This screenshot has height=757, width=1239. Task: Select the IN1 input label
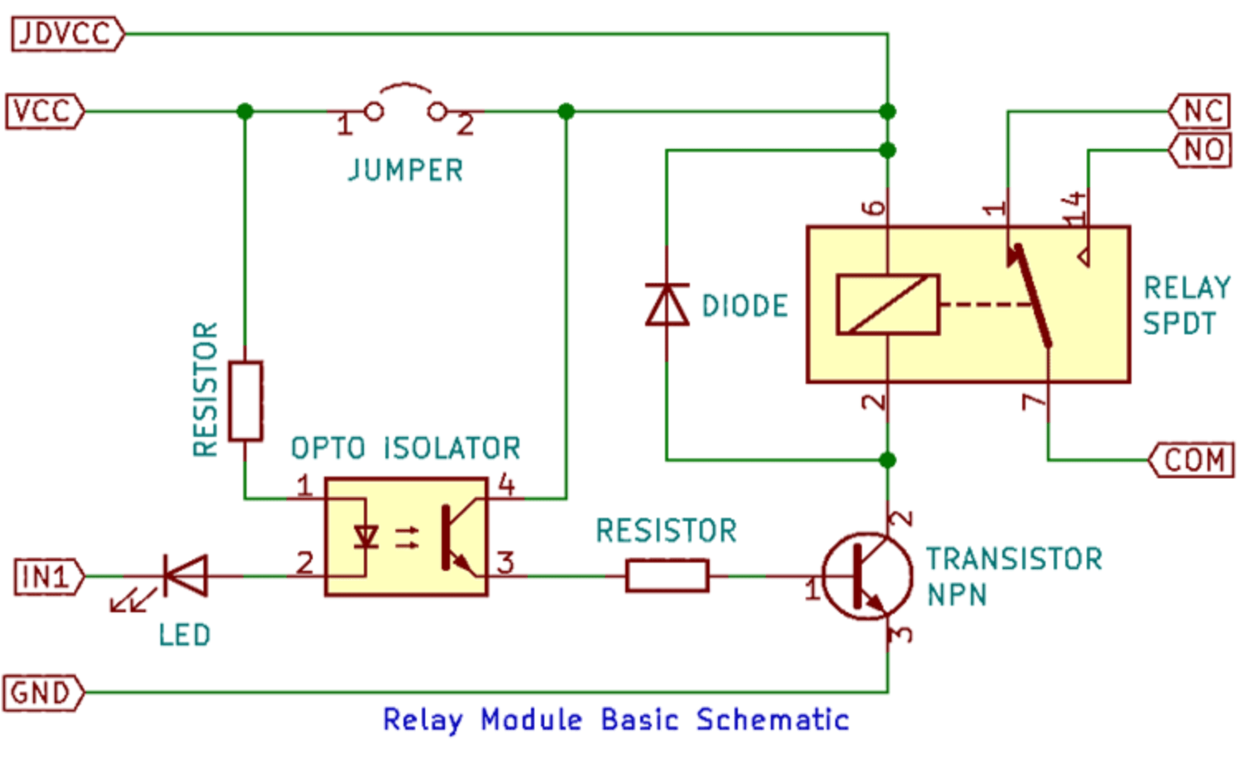tap(48, 577)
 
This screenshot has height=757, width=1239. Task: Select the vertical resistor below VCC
tap(246, 400)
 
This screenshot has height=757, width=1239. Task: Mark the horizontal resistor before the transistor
tap(667, 576)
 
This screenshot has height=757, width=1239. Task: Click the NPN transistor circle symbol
tap(868, 577)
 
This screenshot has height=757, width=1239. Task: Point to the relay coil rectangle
tap(887, 304)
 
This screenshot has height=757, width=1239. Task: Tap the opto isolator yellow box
tap(406, 537)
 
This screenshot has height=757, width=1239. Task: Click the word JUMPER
tap(405, 170)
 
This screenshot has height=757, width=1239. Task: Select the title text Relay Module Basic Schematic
tap(615, 720)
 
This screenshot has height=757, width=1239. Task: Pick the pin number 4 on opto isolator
tap(506, 484)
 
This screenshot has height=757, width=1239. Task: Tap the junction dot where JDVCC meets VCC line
tap(887, 111)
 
